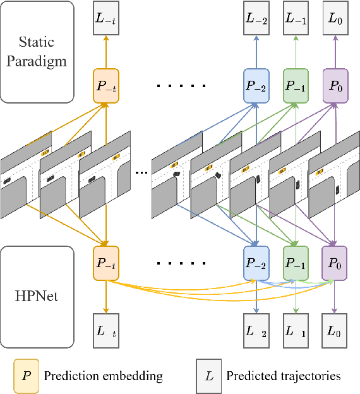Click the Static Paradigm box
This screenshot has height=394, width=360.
click(37, 52)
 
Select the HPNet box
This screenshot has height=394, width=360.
click(37, 295)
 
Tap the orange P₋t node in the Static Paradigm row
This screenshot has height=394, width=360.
click(105, 87)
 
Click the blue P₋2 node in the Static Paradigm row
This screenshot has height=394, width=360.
click(256, 87)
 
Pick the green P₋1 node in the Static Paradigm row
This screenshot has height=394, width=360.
click(296, 87)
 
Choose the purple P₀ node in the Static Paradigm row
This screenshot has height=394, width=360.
click(335, 87)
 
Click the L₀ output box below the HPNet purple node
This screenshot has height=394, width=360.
click(335, 330)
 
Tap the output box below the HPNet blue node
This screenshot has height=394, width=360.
click(256, 330)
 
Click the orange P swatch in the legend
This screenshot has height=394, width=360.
click(26, 376)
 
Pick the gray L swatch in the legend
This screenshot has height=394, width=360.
click(209, 376)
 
